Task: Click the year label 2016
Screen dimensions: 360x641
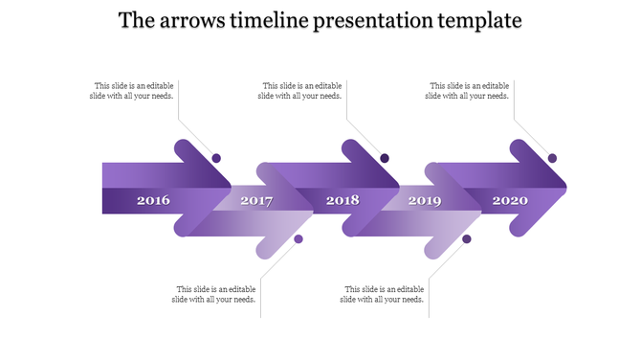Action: click(x=153, y=201)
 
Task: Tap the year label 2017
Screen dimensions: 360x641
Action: click(x=256, y=201)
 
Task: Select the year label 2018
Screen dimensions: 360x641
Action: click(x=343, y=201)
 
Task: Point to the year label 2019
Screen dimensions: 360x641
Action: click(x=425, y=201)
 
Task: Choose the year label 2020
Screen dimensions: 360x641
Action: click(x=510, y=201)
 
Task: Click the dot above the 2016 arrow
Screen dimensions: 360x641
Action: click(x=216, y=158)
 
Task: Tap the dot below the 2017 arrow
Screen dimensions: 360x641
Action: click(x=298, y=238)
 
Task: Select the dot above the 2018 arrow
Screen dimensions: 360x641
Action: click(x=385, y=158)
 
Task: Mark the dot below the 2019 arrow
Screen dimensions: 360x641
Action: click(x=467, y=238)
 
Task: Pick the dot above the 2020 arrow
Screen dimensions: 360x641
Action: click(x=552, y=158)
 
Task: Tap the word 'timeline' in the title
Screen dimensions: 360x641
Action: click(x=268, y=20)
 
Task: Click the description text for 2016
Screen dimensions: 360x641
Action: click(x=133, y=90)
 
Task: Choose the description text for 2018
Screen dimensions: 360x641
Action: click(x=301, y=90)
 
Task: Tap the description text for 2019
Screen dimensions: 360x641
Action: click(x=383, y=294)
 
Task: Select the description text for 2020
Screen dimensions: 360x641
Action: click(x=468, y=90)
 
